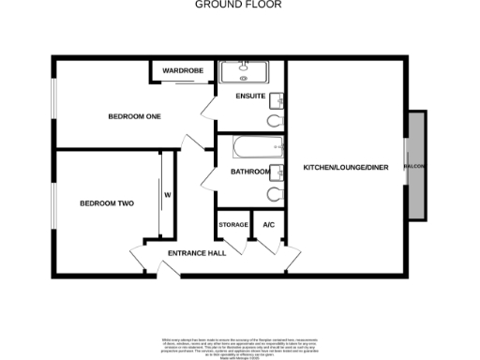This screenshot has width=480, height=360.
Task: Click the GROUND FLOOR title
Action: point(239,5)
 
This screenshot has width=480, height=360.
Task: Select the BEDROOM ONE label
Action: point(135,116)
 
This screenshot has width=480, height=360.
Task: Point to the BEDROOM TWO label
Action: point(106,202)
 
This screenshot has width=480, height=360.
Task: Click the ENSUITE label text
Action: point(250,97)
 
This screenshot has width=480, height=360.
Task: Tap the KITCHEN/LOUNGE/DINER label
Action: point(345,168)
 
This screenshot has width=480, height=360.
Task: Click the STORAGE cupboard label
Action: point(233,225)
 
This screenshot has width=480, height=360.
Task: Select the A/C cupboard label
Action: point(268,225)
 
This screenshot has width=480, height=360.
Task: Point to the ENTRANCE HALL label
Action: point(197,254)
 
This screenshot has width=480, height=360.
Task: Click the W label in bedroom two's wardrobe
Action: point(168,195)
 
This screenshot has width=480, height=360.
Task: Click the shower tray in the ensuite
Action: point(243,71)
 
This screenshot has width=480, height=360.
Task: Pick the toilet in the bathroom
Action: point(275,194)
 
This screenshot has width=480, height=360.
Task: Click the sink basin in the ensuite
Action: point(278,100)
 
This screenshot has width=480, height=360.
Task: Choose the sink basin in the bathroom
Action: point(278,172)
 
